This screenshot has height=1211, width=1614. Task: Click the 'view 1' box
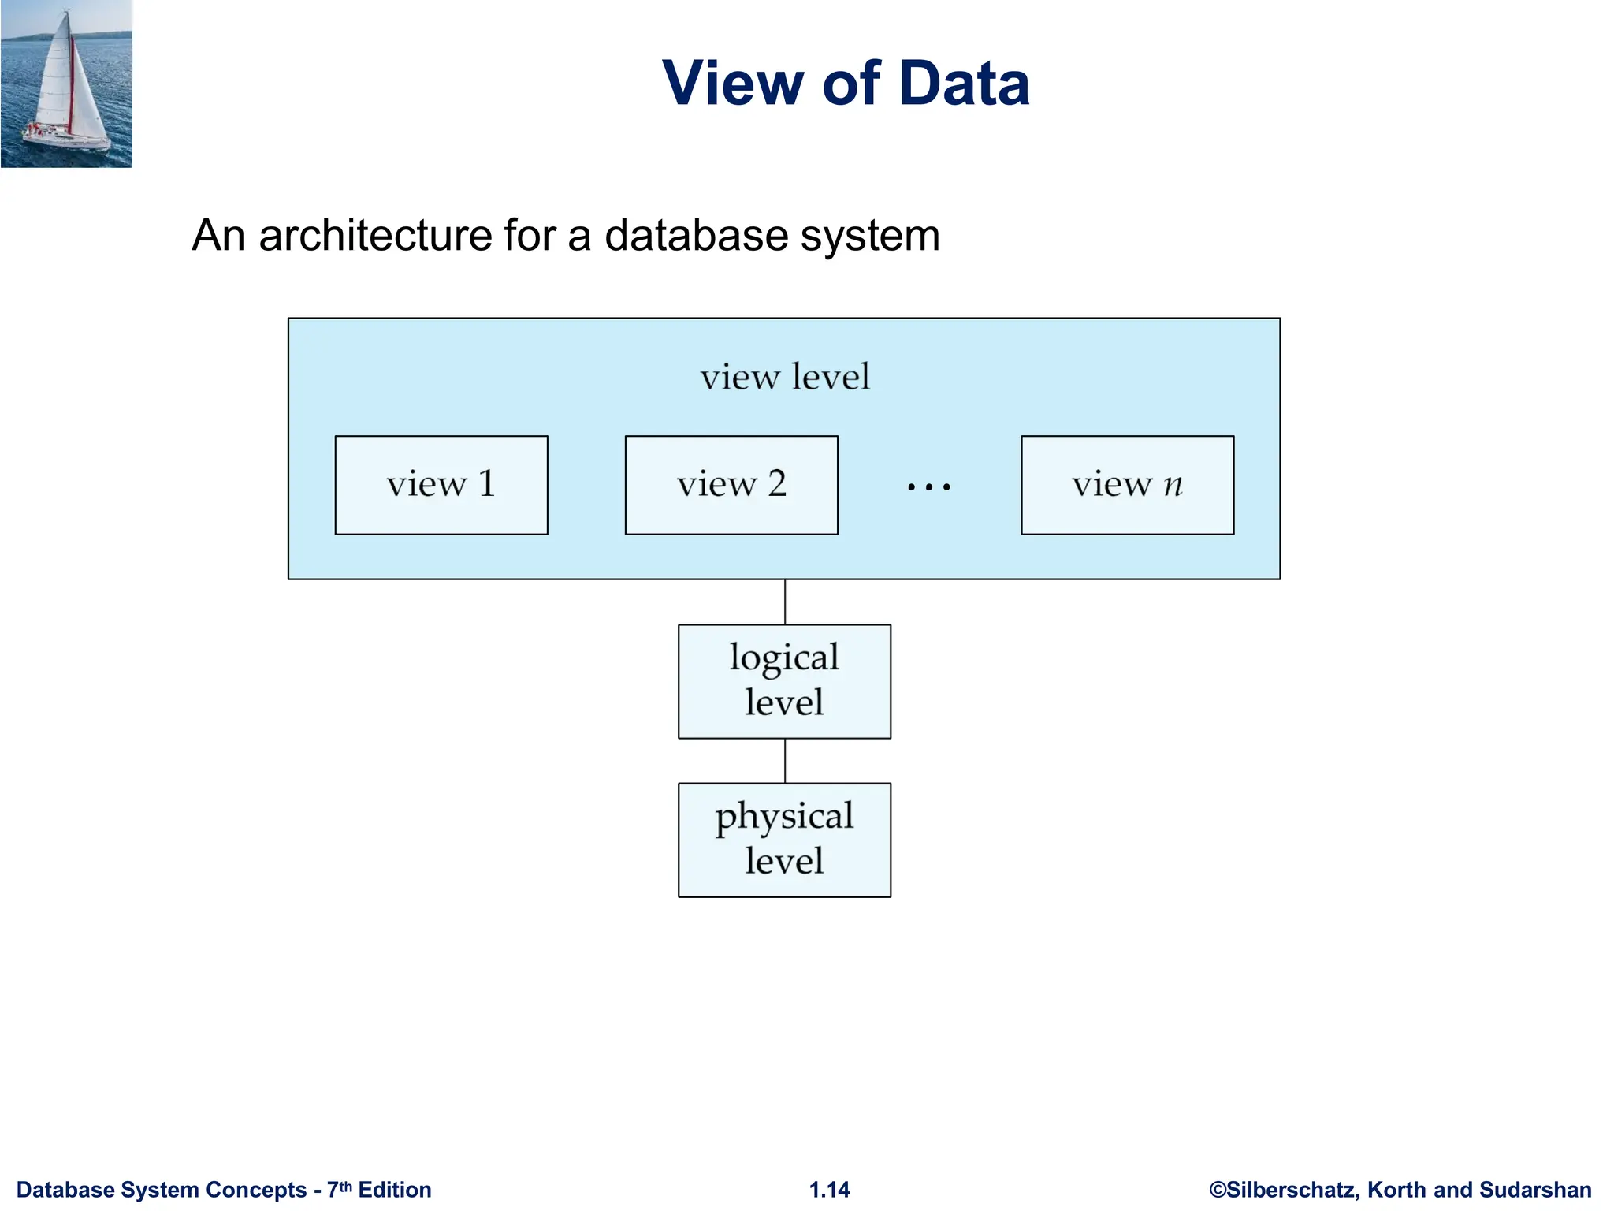(x=441, y=485)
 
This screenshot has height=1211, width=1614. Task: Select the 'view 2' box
(x=731, y=485)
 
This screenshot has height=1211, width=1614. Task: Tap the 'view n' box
(x=1127, y=485)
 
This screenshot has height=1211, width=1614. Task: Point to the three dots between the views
(x=928, y=487)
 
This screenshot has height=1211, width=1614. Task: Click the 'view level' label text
(x=785, y=377)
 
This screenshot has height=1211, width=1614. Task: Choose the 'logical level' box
(x=784, y=681)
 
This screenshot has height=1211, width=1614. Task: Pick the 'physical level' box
(x=784, y=840)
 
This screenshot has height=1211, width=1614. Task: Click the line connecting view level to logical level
(x=785, y=602)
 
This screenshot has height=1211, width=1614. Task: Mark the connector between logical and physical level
(x=785, y=761)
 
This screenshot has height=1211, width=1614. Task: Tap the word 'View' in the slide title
(x=733, y=84)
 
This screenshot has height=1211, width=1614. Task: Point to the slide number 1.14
(x=829, y=1190)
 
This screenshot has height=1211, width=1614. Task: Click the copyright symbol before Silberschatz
(x=1218, y=1190)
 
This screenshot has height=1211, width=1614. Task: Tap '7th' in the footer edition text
(x=339, y=1189)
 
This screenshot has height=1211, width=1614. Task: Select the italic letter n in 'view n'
(x=1173, y=484)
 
